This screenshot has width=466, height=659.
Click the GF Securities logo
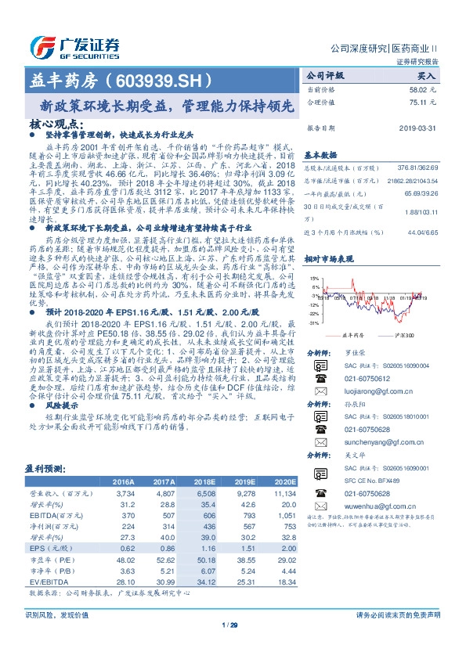(x=74, y=45)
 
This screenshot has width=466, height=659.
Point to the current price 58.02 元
(x=421, y=92)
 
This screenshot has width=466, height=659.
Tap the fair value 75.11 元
(x=421, y=103)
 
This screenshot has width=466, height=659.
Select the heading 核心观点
(x=56, y=124)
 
